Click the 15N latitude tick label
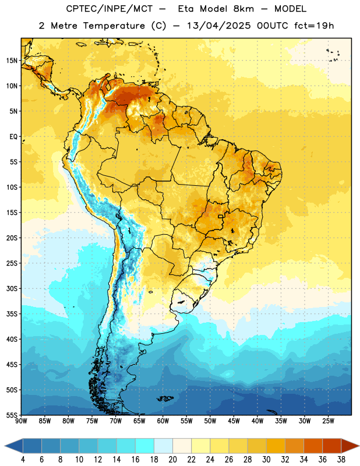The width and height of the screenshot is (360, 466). point(12,61)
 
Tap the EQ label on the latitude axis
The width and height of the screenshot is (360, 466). point(13,137)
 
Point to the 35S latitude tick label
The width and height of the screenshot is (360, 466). point(12,314)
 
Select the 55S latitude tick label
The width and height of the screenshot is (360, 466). point(12,415)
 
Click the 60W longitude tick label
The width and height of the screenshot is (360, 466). point(163,421)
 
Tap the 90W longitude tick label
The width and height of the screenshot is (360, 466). point(21,421)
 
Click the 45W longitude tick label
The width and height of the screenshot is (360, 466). point(234,421)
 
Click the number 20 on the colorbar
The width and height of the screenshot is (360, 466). point(172,460)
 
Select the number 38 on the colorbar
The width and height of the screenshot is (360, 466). point(341,460)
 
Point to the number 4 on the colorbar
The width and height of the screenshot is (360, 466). point(23,460)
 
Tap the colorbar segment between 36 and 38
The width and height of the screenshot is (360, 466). point(332,446)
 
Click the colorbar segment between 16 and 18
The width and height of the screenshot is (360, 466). point(144,446)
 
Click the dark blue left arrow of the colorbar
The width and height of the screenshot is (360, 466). point(13,446)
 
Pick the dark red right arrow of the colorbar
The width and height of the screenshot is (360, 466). point(350,446)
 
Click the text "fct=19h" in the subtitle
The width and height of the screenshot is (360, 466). point(314,26)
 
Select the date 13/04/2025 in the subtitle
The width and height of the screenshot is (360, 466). point(219,26)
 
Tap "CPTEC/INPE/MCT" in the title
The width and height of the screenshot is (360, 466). point(110,9)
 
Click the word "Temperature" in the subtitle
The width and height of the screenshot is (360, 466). point(114,26)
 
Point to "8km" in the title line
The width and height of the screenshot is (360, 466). point(243,9)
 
